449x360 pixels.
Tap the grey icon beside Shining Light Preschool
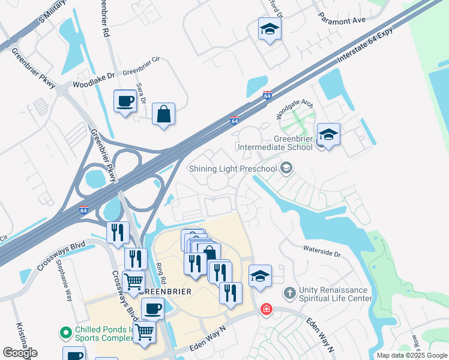(x=286, y=168)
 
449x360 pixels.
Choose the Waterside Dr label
(x=322, y=250)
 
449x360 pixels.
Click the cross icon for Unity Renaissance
(x=289, y=293)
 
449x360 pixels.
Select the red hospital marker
(x=265, y=310)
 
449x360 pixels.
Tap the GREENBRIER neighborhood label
(x=166, y=292)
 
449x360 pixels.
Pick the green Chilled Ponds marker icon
(x=65, y=332)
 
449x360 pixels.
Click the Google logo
(x=20, y=353)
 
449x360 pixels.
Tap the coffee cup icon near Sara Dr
(x=125, y=100)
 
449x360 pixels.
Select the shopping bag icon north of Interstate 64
(x=163, y=113)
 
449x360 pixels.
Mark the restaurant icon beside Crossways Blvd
(x=118, y=232)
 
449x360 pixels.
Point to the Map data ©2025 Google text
(x=412, y=355)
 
